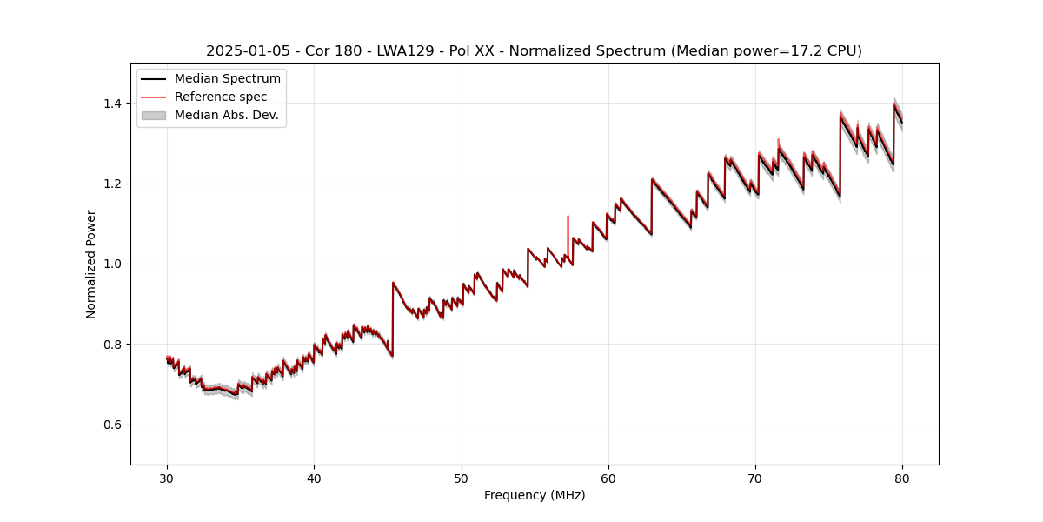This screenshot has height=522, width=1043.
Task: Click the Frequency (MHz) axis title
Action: click(535, 495)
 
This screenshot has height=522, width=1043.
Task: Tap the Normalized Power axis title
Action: click(91, 264)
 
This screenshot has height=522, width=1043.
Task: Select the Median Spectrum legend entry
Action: click(227, 79)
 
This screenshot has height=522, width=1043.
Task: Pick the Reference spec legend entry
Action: click(221, 97)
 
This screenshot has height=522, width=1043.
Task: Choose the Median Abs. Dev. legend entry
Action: click(226, 115)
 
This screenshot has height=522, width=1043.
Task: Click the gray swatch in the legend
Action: click(154, 115)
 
